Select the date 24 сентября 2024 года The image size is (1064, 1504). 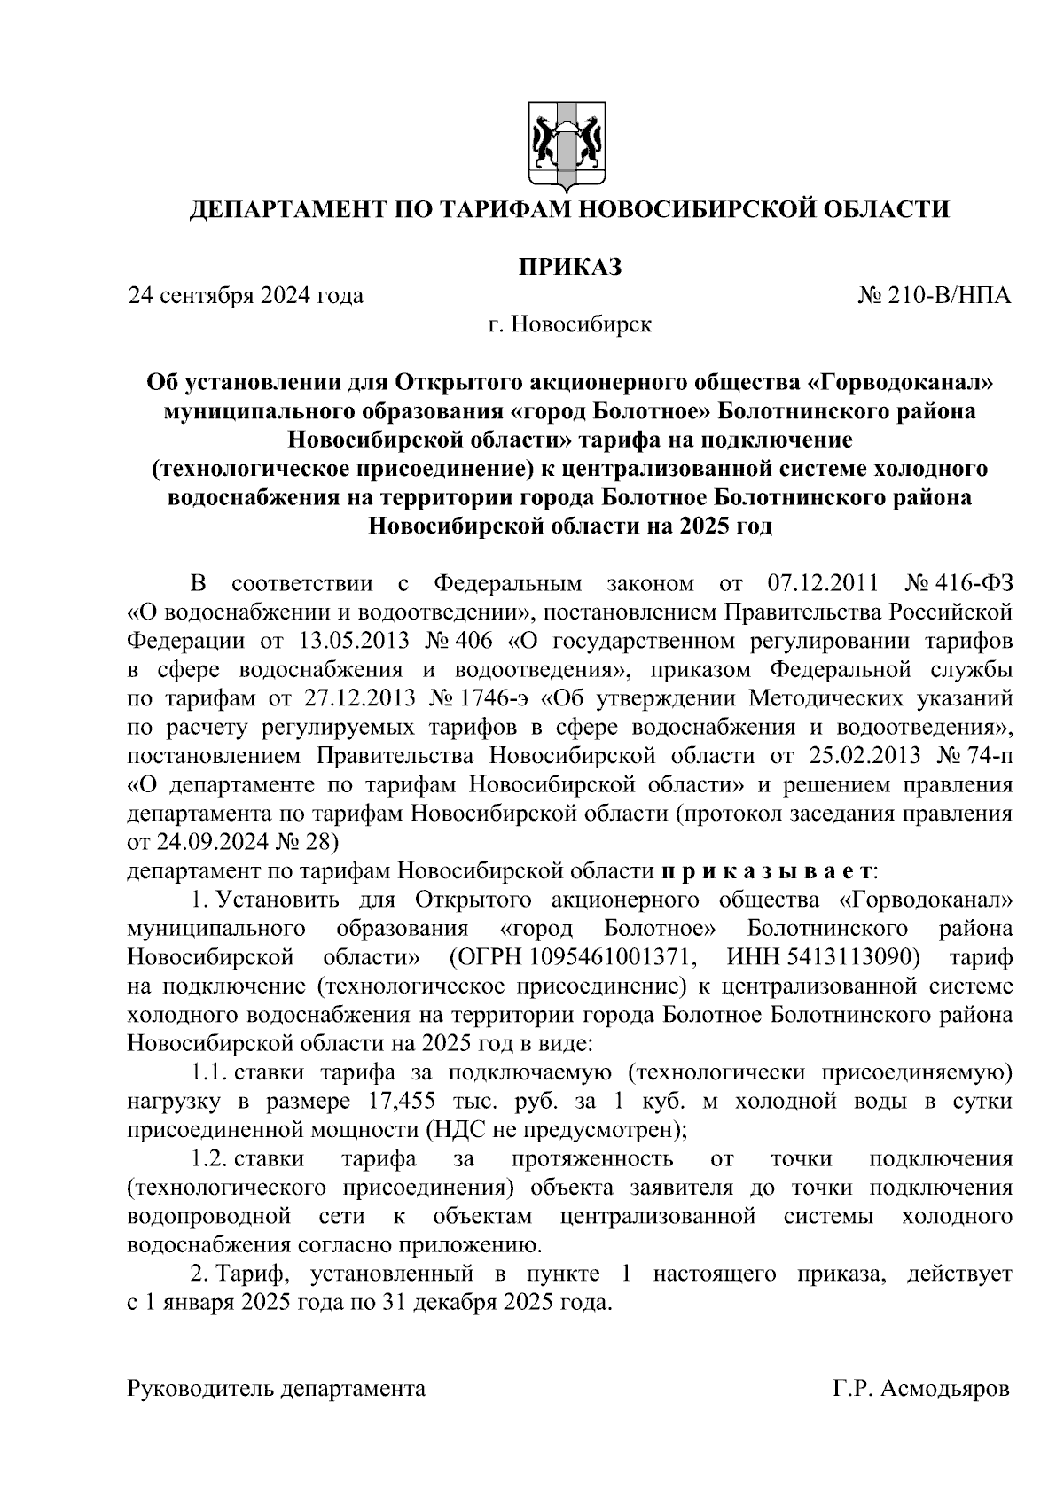point(246,295)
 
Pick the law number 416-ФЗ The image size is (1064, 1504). point(974,584)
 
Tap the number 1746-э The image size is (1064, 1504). point(489,698)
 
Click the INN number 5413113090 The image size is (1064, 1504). point(848,957)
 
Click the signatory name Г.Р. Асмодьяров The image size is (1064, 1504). point(921,1389)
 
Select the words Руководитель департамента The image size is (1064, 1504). point(277,1389)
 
